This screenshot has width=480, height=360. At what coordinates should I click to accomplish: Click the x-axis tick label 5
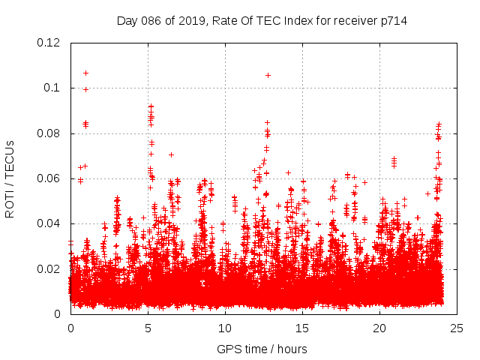pos(148,328)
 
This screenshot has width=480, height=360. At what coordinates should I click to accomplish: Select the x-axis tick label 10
pos(225,328)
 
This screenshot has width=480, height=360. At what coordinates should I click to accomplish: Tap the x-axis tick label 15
pos(302,328)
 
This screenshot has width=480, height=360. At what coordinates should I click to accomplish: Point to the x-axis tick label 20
pos(379,328)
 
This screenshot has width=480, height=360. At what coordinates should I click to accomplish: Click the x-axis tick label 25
pos(457,328)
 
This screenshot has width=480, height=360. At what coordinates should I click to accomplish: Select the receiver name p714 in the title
pos(393,20)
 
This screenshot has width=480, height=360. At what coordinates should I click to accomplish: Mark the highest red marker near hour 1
pos(85,73)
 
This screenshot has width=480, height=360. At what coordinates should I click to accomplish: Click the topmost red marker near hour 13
pos(268,75)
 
